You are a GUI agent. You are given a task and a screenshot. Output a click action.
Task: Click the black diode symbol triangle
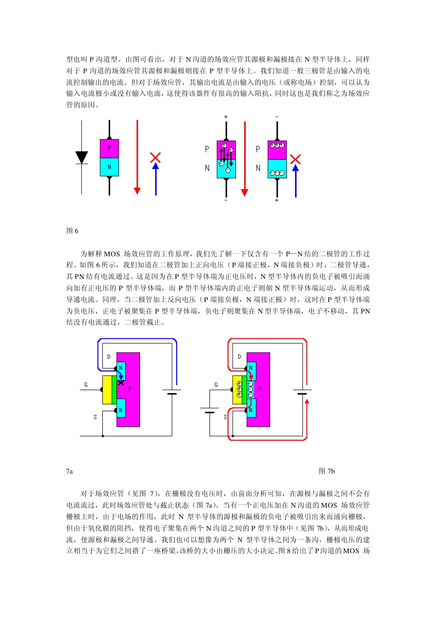(x=82, y=157)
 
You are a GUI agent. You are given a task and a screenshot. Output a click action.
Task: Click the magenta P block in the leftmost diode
(x=109, y=149)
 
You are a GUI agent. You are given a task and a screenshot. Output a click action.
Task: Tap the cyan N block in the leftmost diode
(x=109, y=167)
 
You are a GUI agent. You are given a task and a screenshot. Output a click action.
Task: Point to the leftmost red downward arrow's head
(x=137, y=191)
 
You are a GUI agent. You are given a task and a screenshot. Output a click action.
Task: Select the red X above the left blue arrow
(x=156, y=157)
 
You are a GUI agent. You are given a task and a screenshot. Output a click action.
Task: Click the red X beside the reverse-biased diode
(x=296, y=159)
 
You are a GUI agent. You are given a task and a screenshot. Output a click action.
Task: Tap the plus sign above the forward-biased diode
(x=226, y=117)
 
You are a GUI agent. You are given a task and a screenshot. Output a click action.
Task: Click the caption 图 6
(x=73, y=231)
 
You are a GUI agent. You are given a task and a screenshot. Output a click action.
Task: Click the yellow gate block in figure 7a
(x=107, y=390)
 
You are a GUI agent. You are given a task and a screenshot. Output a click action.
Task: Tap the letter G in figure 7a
(x=86, y=385)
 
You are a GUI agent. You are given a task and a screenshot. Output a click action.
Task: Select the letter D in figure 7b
(x=239, y=357)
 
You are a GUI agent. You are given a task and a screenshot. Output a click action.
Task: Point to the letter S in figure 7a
(x=95, y=417)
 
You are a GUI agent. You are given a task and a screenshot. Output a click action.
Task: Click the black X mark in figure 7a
(x=121, y=382)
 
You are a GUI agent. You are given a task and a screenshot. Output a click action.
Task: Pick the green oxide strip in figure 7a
(x=114, y=390)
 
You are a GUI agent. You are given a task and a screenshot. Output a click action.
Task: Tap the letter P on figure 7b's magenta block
(x=260, y=389)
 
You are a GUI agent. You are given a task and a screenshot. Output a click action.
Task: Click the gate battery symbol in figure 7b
(x=210, y=410)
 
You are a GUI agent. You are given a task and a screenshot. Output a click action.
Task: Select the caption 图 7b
(x=327, y=471)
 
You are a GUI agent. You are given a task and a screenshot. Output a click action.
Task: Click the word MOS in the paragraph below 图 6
(x=112, y=254)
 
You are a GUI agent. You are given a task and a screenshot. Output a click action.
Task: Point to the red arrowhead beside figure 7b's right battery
(x=307, y=402)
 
